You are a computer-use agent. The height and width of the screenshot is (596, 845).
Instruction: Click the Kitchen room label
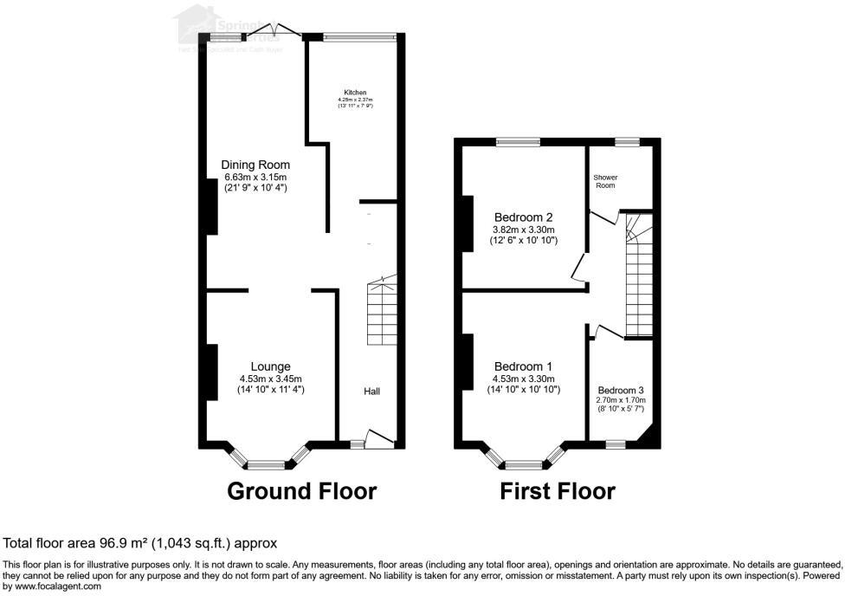click(355, 93)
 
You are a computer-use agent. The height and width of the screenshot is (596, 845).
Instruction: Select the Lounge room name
click(270, 366)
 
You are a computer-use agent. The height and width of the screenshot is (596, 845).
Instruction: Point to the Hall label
click(371, 392)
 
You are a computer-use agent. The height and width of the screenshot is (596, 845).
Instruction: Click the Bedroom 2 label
click(523, 217)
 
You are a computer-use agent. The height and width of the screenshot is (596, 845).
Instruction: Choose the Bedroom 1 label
click(523, 366)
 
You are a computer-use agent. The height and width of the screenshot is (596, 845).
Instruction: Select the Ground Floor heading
click(301, 492)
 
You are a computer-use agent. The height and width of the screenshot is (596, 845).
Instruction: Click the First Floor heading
click(558, 492)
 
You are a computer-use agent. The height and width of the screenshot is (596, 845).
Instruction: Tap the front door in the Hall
click(380, 439)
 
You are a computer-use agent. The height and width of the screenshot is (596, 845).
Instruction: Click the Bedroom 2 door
click(577, 269)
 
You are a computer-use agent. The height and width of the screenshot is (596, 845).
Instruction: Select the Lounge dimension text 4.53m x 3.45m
click(270, 379)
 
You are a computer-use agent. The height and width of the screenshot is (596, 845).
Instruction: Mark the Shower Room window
click(627, 141)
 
